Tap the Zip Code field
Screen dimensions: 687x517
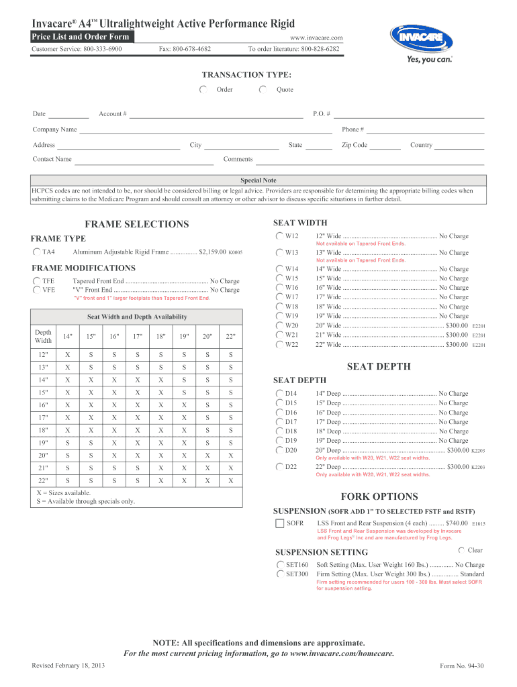385,146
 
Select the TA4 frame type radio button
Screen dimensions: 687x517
36,252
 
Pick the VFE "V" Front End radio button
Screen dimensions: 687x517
36,290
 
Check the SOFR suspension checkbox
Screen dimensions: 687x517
279,523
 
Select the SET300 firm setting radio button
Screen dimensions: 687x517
280,574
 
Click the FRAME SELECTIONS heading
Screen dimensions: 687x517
137,224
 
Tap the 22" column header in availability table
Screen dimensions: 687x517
231,336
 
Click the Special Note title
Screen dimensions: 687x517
258,180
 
